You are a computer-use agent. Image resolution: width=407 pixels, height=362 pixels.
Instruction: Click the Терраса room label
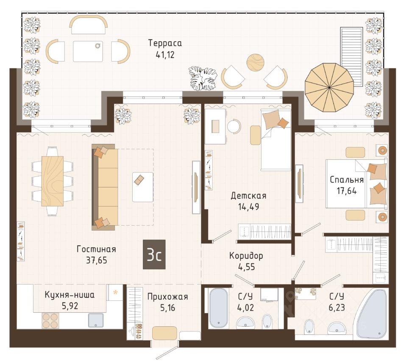click(165, 43)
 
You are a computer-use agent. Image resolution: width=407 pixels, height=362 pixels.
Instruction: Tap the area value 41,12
click(165, 55)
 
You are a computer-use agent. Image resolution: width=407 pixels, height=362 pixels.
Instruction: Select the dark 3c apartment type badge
click(154, 255)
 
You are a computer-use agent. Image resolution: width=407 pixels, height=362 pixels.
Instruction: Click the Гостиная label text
click(96, 249)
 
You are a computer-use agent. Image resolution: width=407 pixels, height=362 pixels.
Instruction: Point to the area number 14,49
click(249, 207)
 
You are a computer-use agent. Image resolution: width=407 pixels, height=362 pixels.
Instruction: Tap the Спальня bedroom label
click(347, 180)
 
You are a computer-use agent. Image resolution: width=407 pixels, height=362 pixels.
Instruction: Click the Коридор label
click(246, 256)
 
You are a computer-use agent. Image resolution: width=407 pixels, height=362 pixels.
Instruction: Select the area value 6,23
click(337, 308)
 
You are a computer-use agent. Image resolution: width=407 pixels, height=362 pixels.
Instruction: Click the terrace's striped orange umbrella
click(329, 88)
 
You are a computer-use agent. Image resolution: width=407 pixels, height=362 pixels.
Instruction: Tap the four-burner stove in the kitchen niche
click(50, 321)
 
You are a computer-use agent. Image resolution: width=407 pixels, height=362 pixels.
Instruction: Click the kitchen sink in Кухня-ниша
click(96, 320)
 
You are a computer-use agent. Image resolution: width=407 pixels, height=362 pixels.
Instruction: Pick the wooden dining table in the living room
click(53, 181)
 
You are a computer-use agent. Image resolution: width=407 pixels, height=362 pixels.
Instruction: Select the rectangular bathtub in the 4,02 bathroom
click(219, 308)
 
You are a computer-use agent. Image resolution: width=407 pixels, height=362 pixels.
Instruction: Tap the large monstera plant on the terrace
click(203, 78)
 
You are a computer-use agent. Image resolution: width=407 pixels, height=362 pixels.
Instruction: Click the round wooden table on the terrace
click(255, 62)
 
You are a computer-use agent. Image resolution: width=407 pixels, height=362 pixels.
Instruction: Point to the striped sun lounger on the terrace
click(351, 57)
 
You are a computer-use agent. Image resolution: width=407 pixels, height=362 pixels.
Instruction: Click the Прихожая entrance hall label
click(167, 297)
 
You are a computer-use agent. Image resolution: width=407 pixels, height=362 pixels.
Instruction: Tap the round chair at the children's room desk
click(234, 126)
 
